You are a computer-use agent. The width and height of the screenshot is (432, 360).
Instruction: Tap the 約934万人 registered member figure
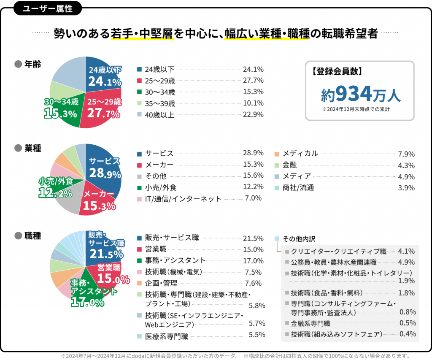[x=359, y=94]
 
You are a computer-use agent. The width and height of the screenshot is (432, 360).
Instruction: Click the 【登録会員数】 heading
[x=337, y=71]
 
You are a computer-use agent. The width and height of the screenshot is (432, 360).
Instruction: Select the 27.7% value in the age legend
[x=253, y=80]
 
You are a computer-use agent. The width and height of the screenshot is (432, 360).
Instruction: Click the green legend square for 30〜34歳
[x=139, y=92]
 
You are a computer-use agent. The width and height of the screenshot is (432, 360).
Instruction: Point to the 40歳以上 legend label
[x=159, y=114]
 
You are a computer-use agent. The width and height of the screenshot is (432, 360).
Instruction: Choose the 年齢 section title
[x=32, y=64]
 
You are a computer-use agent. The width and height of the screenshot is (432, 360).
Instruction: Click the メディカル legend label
[x=300, y=154]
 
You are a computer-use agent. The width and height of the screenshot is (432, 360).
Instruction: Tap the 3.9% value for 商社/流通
[x=406, y=188]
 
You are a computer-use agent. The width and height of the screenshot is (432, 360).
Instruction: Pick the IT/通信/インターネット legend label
[x=183, y=198]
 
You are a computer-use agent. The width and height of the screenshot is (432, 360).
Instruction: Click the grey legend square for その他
[x=139, y=176]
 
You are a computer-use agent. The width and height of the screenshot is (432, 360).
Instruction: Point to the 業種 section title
[x=32, y=148]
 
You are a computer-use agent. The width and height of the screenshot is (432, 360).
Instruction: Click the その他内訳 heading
[x=299, y=238]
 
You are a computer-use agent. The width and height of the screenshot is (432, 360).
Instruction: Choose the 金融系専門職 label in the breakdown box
[x=310, y=323]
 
